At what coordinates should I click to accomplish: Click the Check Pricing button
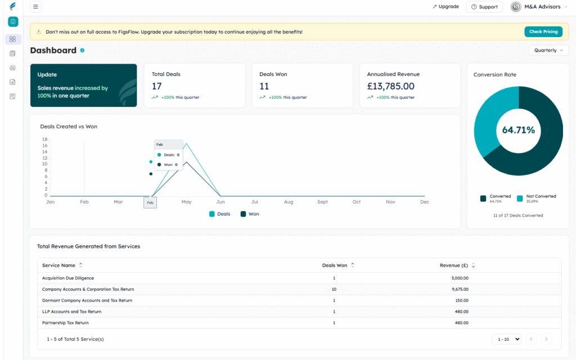tap(543, 32)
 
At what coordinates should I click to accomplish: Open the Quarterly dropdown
tap(548, 50)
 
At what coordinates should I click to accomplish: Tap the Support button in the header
tap(484, 7)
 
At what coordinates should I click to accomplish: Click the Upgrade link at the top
tap(445, 7)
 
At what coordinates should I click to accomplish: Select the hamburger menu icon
tap(35, 7)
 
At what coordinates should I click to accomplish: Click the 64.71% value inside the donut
tap(518, 130)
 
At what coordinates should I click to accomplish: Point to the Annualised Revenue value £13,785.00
tap(390, 86)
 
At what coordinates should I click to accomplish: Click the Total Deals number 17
tap(157, 86)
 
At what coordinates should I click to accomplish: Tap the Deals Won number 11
tap(264, 86)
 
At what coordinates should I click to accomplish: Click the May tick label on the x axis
tap(186, 202)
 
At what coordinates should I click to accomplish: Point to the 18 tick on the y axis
tap(44, 139)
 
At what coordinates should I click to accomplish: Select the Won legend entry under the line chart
tap(250, 214)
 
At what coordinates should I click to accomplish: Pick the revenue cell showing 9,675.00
tap(460, 289)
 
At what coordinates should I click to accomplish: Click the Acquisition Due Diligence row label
tap(68, 278)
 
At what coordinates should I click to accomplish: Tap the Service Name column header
tap(59, 265)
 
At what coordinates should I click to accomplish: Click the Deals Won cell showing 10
tap(334, 289)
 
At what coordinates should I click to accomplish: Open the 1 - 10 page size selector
tap(506, 339)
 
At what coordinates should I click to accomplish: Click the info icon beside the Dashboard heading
tap(82, 51)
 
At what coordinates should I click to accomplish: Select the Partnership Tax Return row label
tap(65, 323)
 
